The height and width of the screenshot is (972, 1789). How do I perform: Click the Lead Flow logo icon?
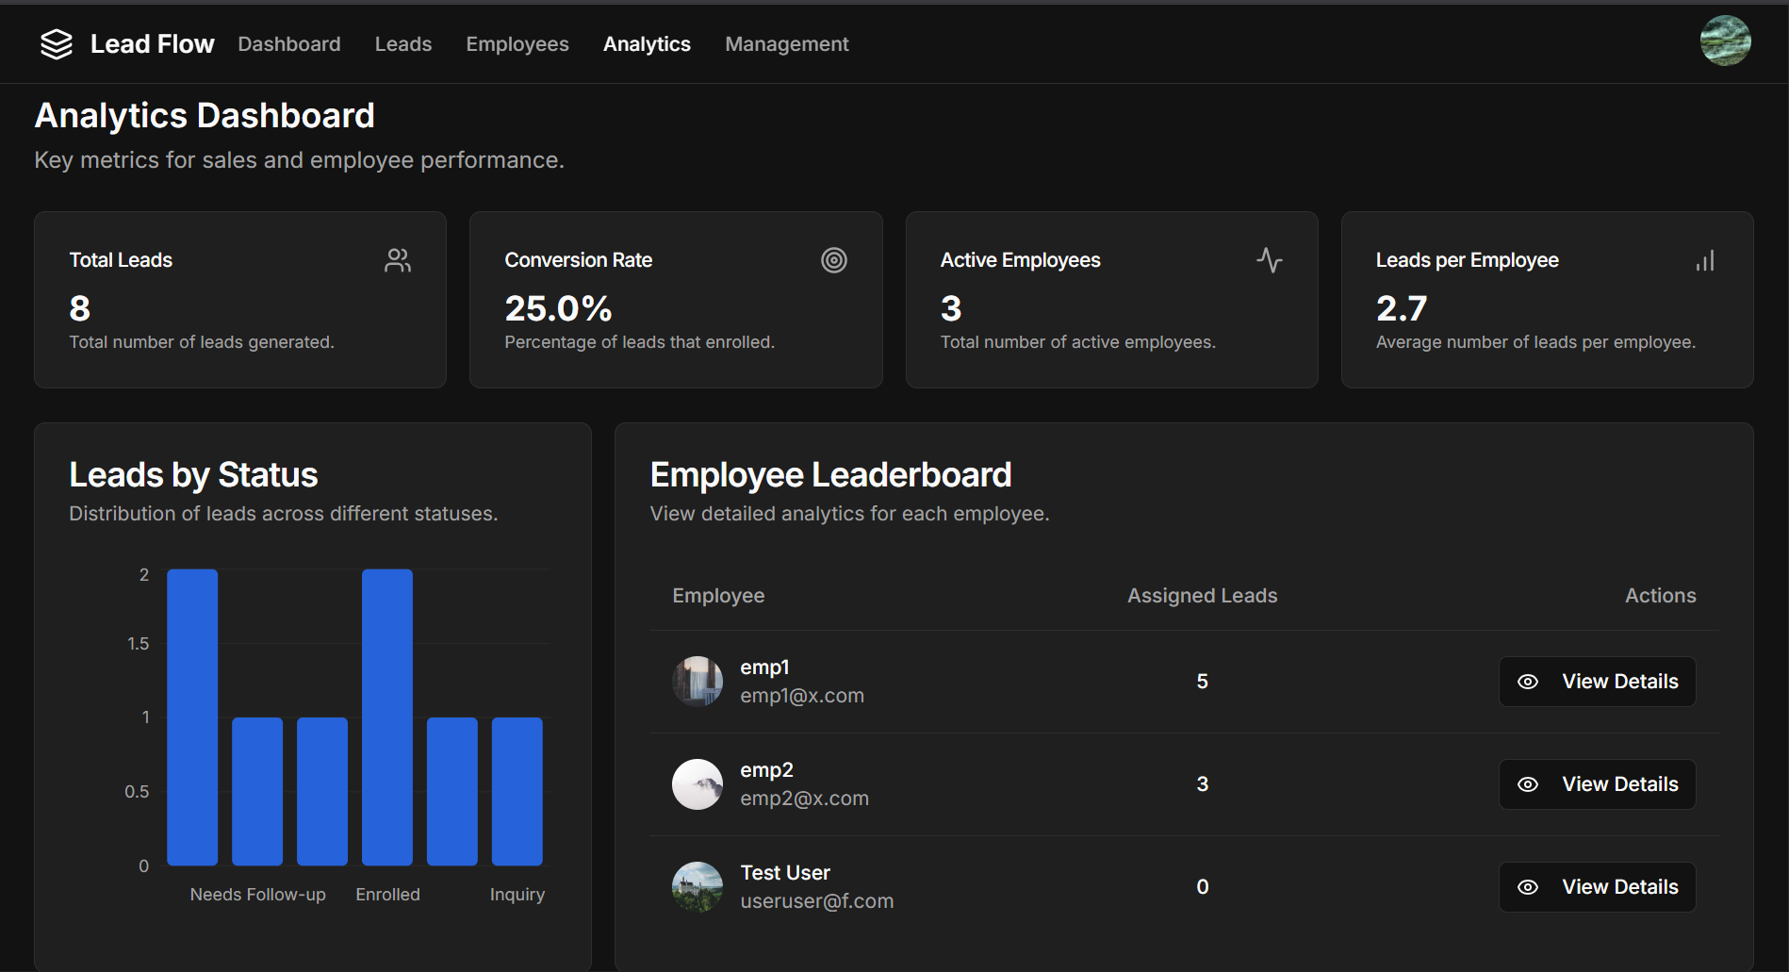pyautogui.click(x=57, y=44)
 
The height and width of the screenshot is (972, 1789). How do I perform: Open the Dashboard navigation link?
pyautogui.click(x=289, y=44)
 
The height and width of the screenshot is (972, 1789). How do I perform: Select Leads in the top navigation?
pyautogui.click(x=403, y=44)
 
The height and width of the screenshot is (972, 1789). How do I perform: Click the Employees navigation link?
pyautogui.click(x=517, y=44)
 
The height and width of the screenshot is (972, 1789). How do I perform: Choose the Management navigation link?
pyautogui.click(x=787, y=44)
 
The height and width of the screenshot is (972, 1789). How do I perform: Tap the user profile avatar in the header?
pyautogui.click(x=1725, y=41)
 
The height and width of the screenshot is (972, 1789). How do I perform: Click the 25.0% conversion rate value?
pyautogui.click(x=558, y=308)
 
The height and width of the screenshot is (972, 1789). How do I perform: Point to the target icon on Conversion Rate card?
pyautogui.click(x=834, y=260)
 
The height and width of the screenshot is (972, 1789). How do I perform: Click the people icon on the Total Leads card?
pyautogui.click(x=398, y=260)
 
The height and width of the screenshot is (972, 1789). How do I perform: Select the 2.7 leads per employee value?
pyautogui.click(x=1402, y=308)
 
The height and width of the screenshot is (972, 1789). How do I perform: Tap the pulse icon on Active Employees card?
pyautogui.click(x=1270, y=260)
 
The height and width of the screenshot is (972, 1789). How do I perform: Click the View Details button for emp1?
pyautogui.click(x=1598, y=682)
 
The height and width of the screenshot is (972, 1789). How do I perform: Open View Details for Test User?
pyautogui.click(x=1598, y=887)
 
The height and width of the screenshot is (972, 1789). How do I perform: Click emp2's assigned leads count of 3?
pyautogui.click(x=1203, y=784)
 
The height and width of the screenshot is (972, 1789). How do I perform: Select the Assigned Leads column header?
pyautogui.click(x=1203, y=596)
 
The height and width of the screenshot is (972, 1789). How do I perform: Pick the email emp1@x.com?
pyautogui.click(x=802, y=696)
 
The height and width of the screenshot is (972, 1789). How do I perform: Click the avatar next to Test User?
pyautogui.click(x=698, y=887)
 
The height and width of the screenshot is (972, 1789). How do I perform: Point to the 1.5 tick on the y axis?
pyautogui.click(x=139, y=644)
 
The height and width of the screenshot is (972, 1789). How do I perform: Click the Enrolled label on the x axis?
pyautogui.click(x=388, y=895)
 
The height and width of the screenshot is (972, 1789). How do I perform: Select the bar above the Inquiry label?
pyautogui.click(x=517, y=792)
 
